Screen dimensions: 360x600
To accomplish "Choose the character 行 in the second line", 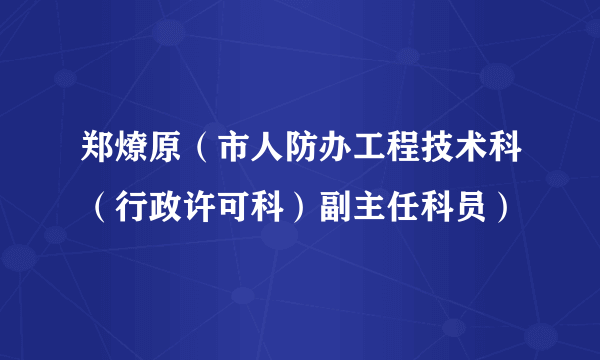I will pyautogui.click(x=135, y=209).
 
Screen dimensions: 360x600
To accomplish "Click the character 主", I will pyautogui.click(x=383, y=209).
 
